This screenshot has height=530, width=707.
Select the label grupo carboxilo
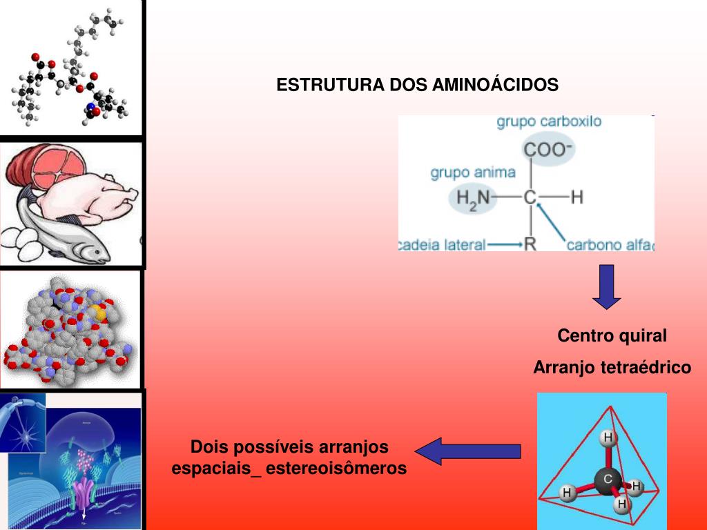[549, 122]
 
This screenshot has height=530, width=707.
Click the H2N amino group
[473, 198]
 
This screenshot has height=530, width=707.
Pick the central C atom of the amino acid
[530, 198]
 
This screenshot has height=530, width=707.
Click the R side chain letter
[530, 244]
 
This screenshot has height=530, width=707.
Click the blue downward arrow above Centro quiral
[606, 286]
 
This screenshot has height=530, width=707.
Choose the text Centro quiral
[612, 336]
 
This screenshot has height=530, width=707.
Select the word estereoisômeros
[336, 469]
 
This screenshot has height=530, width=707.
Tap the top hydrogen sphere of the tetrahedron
[608, 438]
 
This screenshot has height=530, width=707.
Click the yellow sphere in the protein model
[100, 313]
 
